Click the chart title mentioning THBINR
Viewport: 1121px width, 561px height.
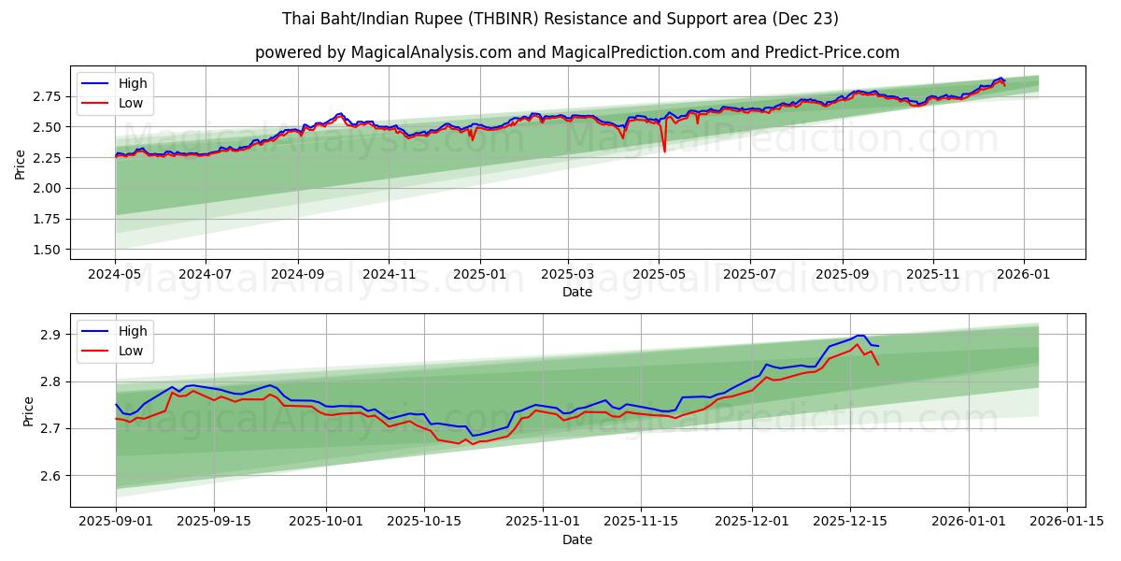pyautogui.click(x=560, y=19)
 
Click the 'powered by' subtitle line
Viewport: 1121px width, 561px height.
pyautogui.click(x=577, y=52)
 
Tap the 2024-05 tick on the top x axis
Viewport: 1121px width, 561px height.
pyautogui.click(x=115, y=275)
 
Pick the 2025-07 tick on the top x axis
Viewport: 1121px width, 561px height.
pyautogui.click(x=750, y=275)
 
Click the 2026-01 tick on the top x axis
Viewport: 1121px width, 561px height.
pyautogui.click(x=1024, y=275)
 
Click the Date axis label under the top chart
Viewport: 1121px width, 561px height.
pyautogui.click(x=577, y=292)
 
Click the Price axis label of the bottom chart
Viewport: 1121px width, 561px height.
pyautogui.click(x=27, y=411)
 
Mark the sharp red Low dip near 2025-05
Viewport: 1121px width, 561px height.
pyautogui.click(x=664, y=151)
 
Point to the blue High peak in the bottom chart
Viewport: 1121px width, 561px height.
pyautogui.click(x=860, y=335)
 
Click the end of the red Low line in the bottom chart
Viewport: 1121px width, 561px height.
pyautogui.click(x=878, y=365)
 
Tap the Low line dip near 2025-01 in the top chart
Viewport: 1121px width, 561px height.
pyautogui.click(x=472, y=139)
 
